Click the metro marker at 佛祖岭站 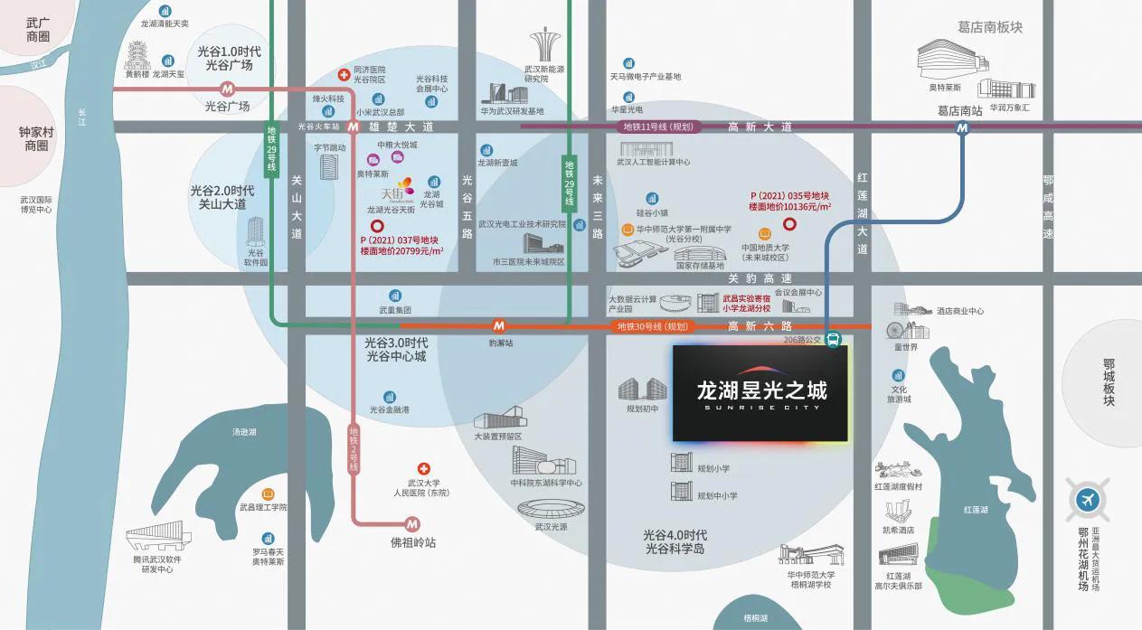(x=412, y=523)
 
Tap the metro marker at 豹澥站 (x=498, y=325)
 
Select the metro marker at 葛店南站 (x=962, y=128)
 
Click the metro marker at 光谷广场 (x=227, y=89)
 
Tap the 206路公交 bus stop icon (x=833, y=341)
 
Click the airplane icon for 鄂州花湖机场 (x=1087, y=500)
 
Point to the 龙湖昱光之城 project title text (x=760, y=391)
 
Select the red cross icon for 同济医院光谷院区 (x=344, y=74)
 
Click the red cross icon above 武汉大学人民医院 (x=423, y=469)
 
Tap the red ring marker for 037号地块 (x=377, y=226)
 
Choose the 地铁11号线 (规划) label (x=656, y=127)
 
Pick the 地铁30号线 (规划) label (x=652, y=326)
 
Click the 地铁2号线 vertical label (x=354, y=450)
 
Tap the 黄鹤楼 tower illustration (x=137, y=56)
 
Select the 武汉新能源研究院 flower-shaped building (x=547, y=46)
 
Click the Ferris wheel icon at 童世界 (x=895, y=331)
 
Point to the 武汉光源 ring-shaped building (x=549, y=511)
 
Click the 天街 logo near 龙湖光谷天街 (x=397, y=192)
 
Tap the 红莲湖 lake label (x=976, y=510)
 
